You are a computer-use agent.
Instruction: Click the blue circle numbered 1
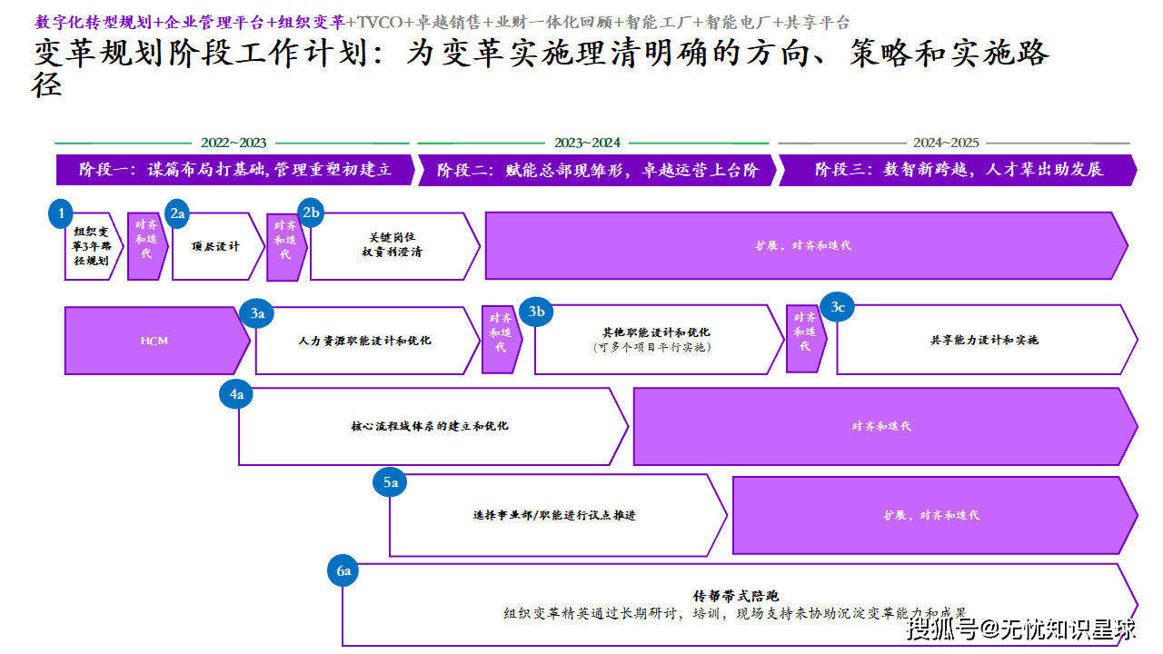(x=61, y=214)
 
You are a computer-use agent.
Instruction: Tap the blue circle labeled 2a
(x=177, y=214)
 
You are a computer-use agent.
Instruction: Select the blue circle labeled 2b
(x=312, y=213)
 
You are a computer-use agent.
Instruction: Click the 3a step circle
(x=257, y=313)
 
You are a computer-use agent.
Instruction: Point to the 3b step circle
(x=537, y=312)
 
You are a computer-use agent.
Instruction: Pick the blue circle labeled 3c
(x=838, y=308)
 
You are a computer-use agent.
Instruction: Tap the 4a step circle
(x=237, y=394)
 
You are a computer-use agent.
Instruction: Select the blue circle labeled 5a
(x=391, y=482)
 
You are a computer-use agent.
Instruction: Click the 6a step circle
(x=343, y=571)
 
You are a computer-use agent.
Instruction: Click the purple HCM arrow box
(x=155, y=341)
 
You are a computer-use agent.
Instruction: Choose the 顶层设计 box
(x=216, y=246)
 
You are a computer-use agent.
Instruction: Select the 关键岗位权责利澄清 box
(x=393, y=245)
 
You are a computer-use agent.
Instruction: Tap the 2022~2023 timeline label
(x=234, y=143)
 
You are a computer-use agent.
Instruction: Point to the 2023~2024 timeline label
(x=587, y=143)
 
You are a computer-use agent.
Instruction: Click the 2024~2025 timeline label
(x=946, y=143)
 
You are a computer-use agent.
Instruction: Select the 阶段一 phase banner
(x=234, y=170)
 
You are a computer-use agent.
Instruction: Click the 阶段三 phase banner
(x=958, y=170)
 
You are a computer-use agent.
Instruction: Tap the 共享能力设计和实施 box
(x=984, y=340)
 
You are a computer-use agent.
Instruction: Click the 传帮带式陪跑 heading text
(x=737, y=597)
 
